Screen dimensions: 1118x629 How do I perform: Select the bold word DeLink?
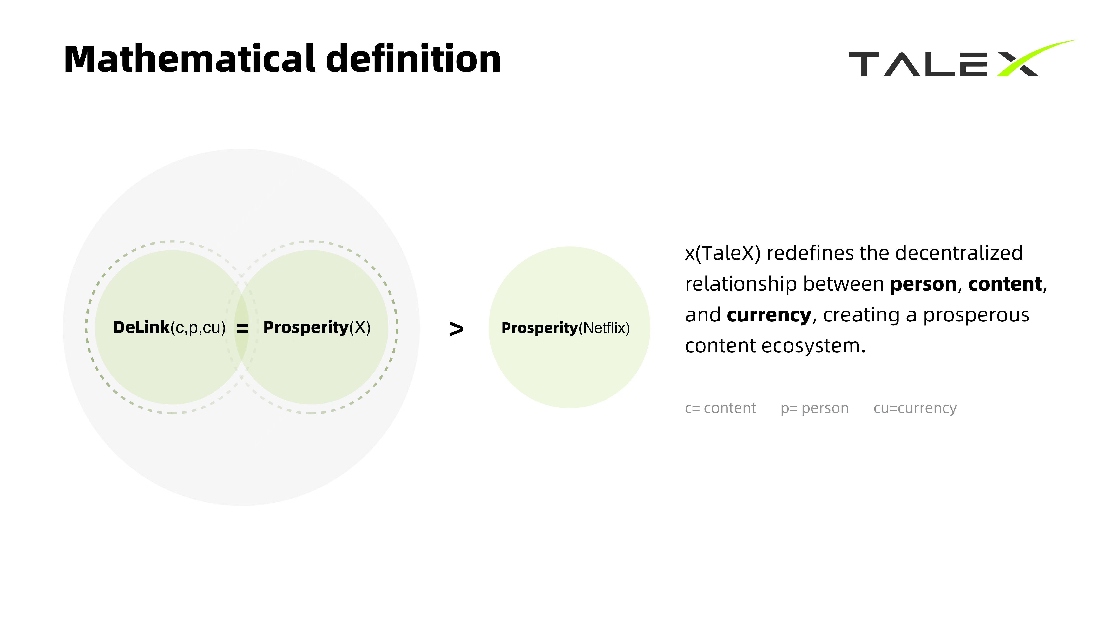141,327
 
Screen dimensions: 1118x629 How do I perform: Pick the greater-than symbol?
456,329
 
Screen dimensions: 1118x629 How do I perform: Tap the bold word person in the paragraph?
923,284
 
